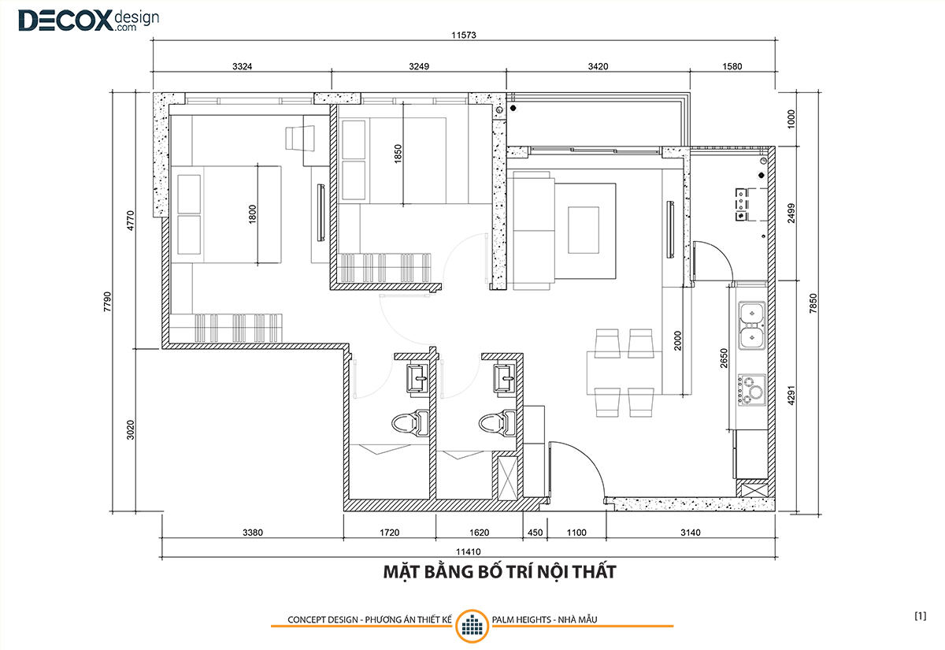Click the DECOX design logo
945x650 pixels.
click(x=88, y=20)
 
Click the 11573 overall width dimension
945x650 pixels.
click(x=464, y=35)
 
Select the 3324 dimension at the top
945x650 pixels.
click(x=243, y=66)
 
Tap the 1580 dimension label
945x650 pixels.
click(x=732, y=66)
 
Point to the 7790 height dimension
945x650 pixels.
click(x=107, y=302)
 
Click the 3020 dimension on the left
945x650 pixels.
click(x=131, y=429)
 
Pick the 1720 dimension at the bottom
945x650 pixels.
click(x=389, y=533)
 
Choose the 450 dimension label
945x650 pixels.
click(x=535, y=533)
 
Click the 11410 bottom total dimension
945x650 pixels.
click(x=469, y=552)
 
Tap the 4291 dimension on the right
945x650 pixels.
click(x=791, y=395)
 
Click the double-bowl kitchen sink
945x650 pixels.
click(x=752, y=325)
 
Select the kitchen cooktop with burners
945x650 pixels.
click(x=752, y=390)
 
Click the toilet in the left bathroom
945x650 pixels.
click(x=410, y=423)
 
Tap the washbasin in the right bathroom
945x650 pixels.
click(x=505, y=378)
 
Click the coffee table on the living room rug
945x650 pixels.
click(x=584, y=230)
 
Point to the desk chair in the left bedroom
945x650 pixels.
click(x=300, y=138)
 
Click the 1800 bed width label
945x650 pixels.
click(x=252, y=214)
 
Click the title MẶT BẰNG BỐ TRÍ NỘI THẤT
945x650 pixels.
click(x=499, y=572)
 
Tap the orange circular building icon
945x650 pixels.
click(x=472, y=626)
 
